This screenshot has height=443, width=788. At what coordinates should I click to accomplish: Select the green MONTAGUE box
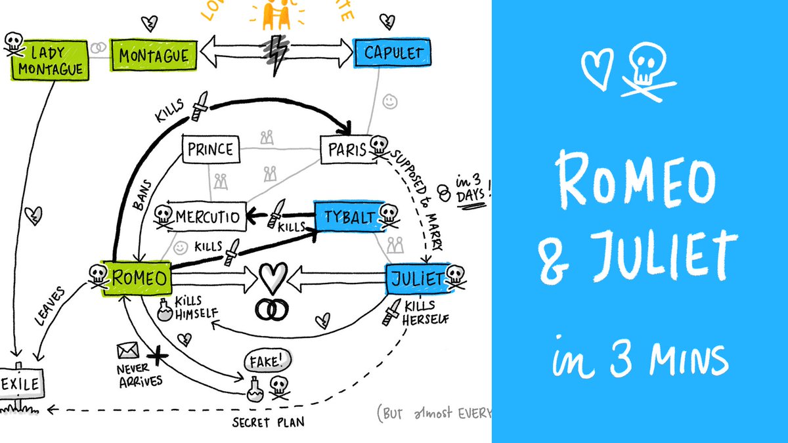pos(154,54)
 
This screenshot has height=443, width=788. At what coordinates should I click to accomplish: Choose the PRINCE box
pos(210,148)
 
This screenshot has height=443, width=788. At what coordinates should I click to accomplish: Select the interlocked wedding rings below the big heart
pos(271,309)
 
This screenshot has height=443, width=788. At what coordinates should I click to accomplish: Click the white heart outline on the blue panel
pos(597,68)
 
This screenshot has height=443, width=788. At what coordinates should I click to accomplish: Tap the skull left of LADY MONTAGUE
pos(12,45)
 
